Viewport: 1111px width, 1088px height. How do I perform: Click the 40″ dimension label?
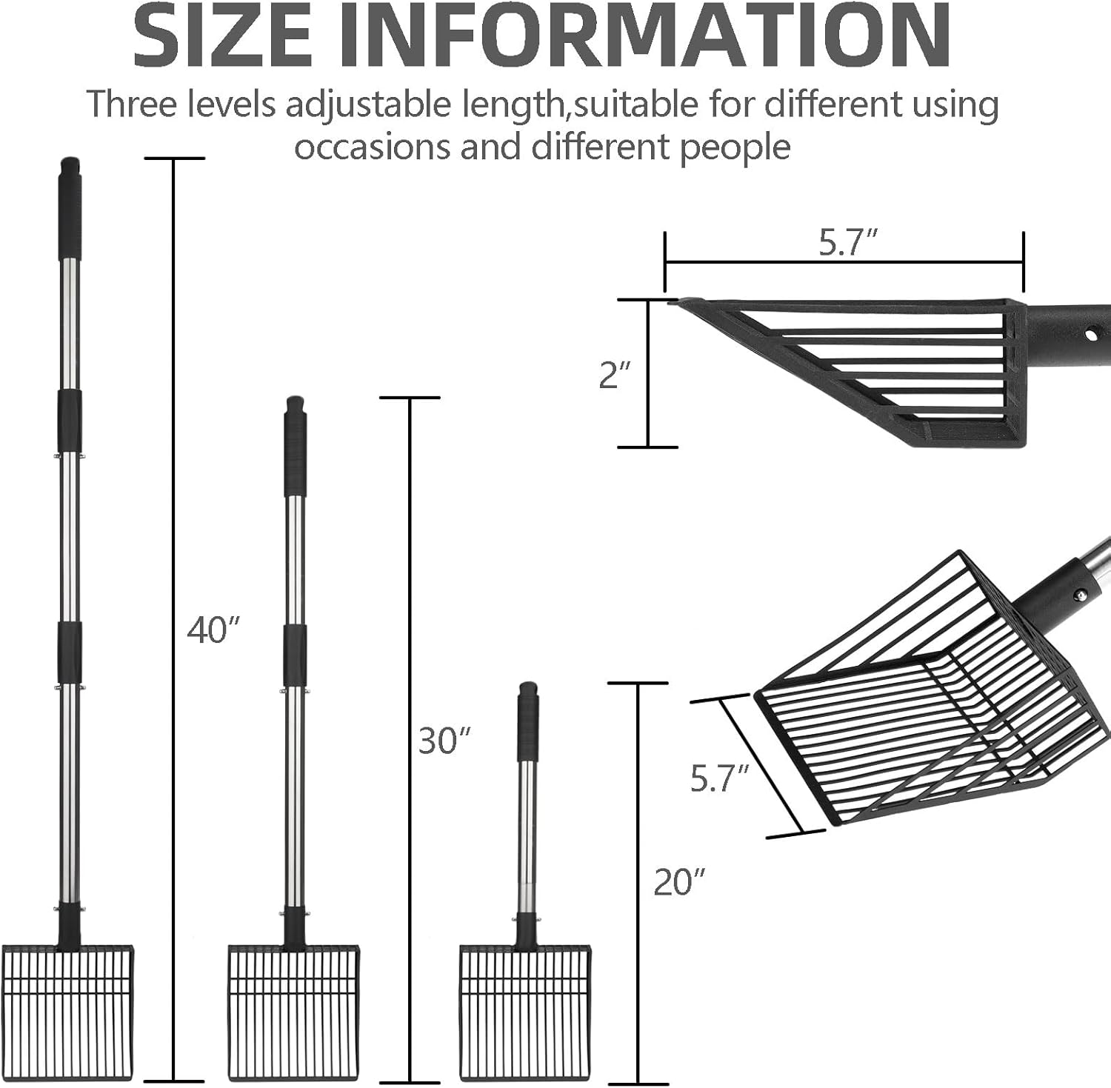coord(214,631)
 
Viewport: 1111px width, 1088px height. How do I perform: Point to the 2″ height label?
coord(615,376)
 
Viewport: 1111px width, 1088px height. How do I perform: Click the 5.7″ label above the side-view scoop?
coord(848,243)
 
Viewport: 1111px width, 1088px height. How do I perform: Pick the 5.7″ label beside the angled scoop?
coord(720,779)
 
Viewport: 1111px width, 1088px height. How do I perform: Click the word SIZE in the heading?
coord(223,36)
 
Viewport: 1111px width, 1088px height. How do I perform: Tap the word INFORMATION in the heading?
coord(644,36)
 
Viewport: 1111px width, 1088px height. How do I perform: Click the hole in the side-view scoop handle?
coord(1090,335)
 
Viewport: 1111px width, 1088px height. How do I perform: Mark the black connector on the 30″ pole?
coord(295,655)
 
